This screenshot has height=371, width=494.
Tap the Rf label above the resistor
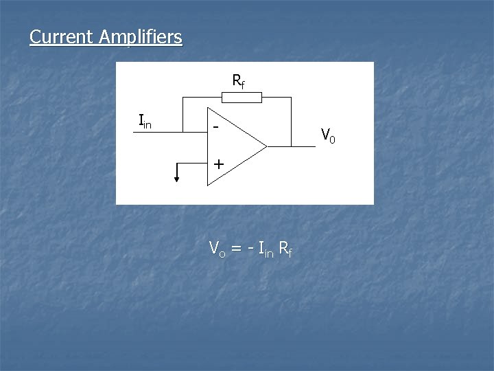[x=238, y=82]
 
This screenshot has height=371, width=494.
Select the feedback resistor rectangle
[x=241, y=98]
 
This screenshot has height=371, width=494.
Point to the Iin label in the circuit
[x=145, y=122]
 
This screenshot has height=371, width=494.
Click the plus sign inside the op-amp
[x=218, y=164]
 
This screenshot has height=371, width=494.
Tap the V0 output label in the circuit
[x=328, y=135]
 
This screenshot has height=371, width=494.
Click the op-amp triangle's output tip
[x=266, y=146]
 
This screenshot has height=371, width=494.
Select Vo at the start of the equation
[x=216, y=249]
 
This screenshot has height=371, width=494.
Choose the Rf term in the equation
[x=285, y=249]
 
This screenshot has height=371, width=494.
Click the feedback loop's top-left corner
[x=183, y=98]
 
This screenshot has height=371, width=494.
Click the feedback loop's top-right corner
[x=292, y=98]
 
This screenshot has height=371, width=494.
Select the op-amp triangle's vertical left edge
[x=208, y=146]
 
